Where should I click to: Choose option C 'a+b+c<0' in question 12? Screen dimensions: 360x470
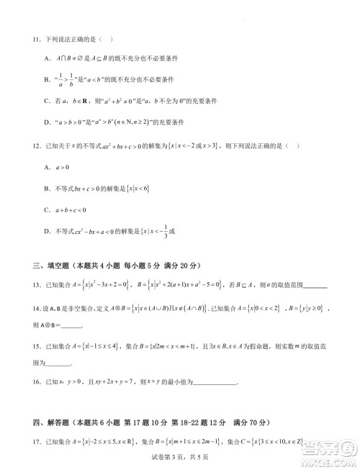point(66,209)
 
